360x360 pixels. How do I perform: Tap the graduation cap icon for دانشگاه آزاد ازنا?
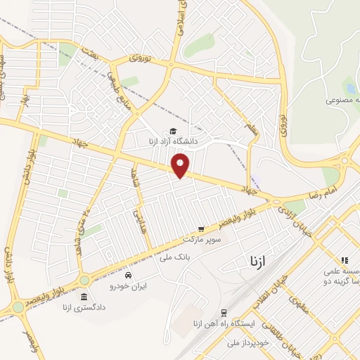(x=173, y=130)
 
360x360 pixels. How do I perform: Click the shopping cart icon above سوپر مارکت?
(x=201, y=229)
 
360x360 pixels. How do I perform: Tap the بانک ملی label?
(x=175, y=258)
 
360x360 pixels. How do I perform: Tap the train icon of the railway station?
(x=224, y=312)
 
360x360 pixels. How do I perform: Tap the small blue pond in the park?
(x=350, y=89)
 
